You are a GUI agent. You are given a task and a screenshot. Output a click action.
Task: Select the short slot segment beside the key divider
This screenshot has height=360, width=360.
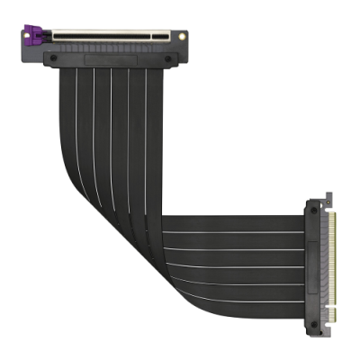tap(162, 37)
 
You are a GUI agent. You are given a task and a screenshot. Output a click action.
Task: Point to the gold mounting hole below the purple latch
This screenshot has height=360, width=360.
tap(41, 52)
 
